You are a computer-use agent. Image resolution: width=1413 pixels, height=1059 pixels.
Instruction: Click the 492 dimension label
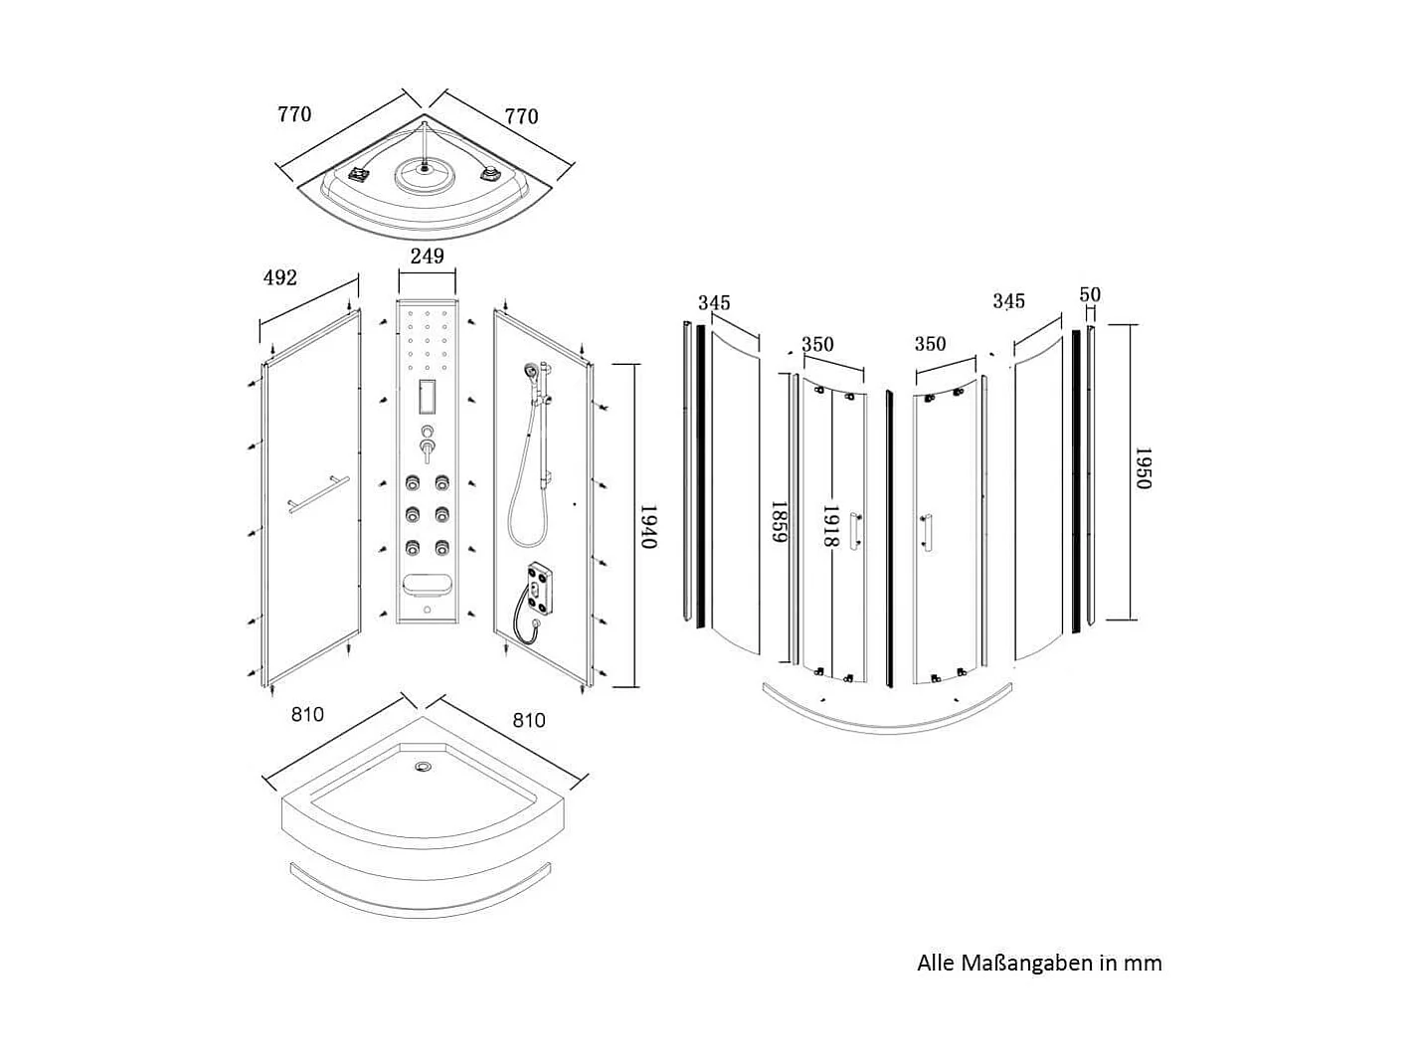click(x=280, y=278)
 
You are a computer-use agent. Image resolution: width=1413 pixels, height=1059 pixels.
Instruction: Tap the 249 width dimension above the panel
click(x=427, y=257)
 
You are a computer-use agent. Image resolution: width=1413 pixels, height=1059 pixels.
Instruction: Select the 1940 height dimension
click(x=648, y=527)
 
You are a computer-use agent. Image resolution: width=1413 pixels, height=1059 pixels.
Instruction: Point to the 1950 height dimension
click(x=1143, y=469)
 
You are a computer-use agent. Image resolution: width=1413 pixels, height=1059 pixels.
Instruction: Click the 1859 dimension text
click(x=781, y=522)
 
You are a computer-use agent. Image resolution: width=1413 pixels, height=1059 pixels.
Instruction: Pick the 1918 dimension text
click(x=832, y=526)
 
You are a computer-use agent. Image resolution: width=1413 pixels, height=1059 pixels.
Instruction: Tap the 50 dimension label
click(x=1090, y=294)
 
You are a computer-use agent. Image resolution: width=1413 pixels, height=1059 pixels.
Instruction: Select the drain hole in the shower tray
click(x=424, y=767)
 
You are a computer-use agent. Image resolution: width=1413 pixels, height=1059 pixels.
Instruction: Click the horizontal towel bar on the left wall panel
click(x=316, y=494)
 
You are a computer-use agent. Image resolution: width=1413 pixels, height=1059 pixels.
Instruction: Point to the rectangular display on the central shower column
click(x=428, y=397)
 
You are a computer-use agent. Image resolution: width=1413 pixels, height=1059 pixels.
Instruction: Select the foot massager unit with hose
click(x=538, y=588)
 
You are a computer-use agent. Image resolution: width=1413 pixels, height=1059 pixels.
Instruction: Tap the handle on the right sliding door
click(x=927, y=532)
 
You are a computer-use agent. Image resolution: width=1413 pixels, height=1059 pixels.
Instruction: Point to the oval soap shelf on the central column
click(x=428, y=585)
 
